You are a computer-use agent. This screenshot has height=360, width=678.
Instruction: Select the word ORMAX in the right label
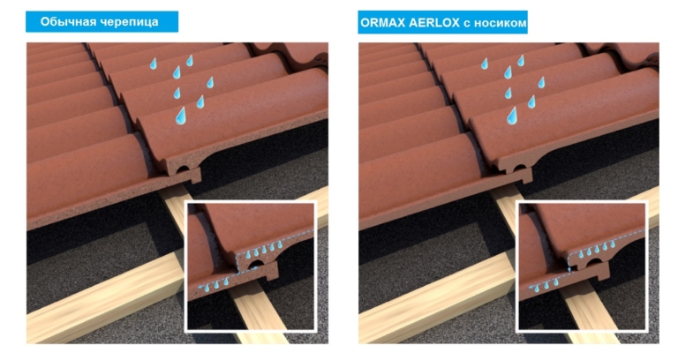(380, 22)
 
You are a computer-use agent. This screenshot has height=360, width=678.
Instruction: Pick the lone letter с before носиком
(466, 23)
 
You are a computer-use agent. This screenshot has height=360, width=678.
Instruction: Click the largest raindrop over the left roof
(181, 116)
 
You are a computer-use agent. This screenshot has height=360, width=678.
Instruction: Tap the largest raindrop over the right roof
(512, 116)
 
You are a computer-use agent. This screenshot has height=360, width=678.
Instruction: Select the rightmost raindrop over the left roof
(210, 83)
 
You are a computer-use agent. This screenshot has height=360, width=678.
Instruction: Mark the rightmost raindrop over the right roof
(541, 83)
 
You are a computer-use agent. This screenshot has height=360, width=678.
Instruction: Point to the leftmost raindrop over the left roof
(153, 64)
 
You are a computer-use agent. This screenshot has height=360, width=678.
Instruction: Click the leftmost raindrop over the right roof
(485, 64)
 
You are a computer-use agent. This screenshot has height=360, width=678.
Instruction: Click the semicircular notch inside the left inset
(255, 263)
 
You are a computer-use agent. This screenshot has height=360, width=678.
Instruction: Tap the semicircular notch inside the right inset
(587, 263)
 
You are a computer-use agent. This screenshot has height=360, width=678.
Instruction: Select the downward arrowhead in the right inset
(569, 269)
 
